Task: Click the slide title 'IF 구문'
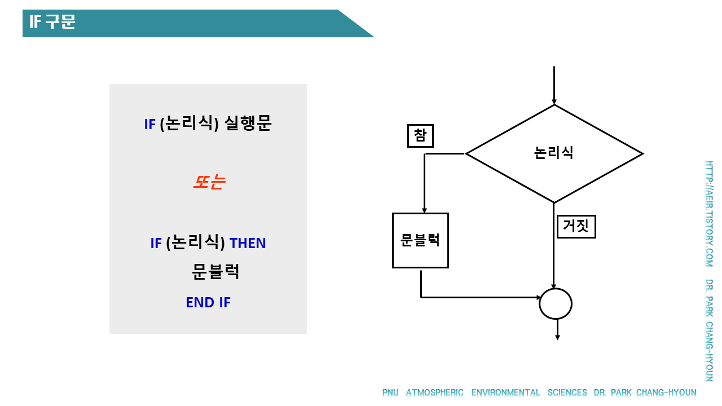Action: [52, 23]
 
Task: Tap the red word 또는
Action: [209, 182]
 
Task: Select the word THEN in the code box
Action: [248, 244]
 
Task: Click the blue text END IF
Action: [208, 303]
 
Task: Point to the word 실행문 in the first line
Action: [248, 123]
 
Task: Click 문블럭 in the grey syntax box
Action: [215, 272]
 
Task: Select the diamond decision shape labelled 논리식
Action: [554, 153]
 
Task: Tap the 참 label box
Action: [420, 135]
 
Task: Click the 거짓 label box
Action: [576, 227]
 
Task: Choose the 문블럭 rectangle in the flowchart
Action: [420, 240]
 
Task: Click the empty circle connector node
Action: [556, 304]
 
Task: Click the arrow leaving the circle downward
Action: [557, 330]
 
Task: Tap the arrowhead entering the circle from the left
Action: [536, 297]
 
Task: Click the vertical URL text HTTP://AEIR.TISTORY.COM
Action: [709, 214]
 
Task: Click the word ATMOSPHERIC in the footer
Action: [434, 393]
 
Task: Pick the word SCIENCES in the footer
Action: [567, 393]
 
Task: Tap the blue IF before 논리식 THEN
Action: [156, 244]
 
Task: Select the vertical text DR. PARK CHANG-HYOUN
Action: [709, 330]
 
